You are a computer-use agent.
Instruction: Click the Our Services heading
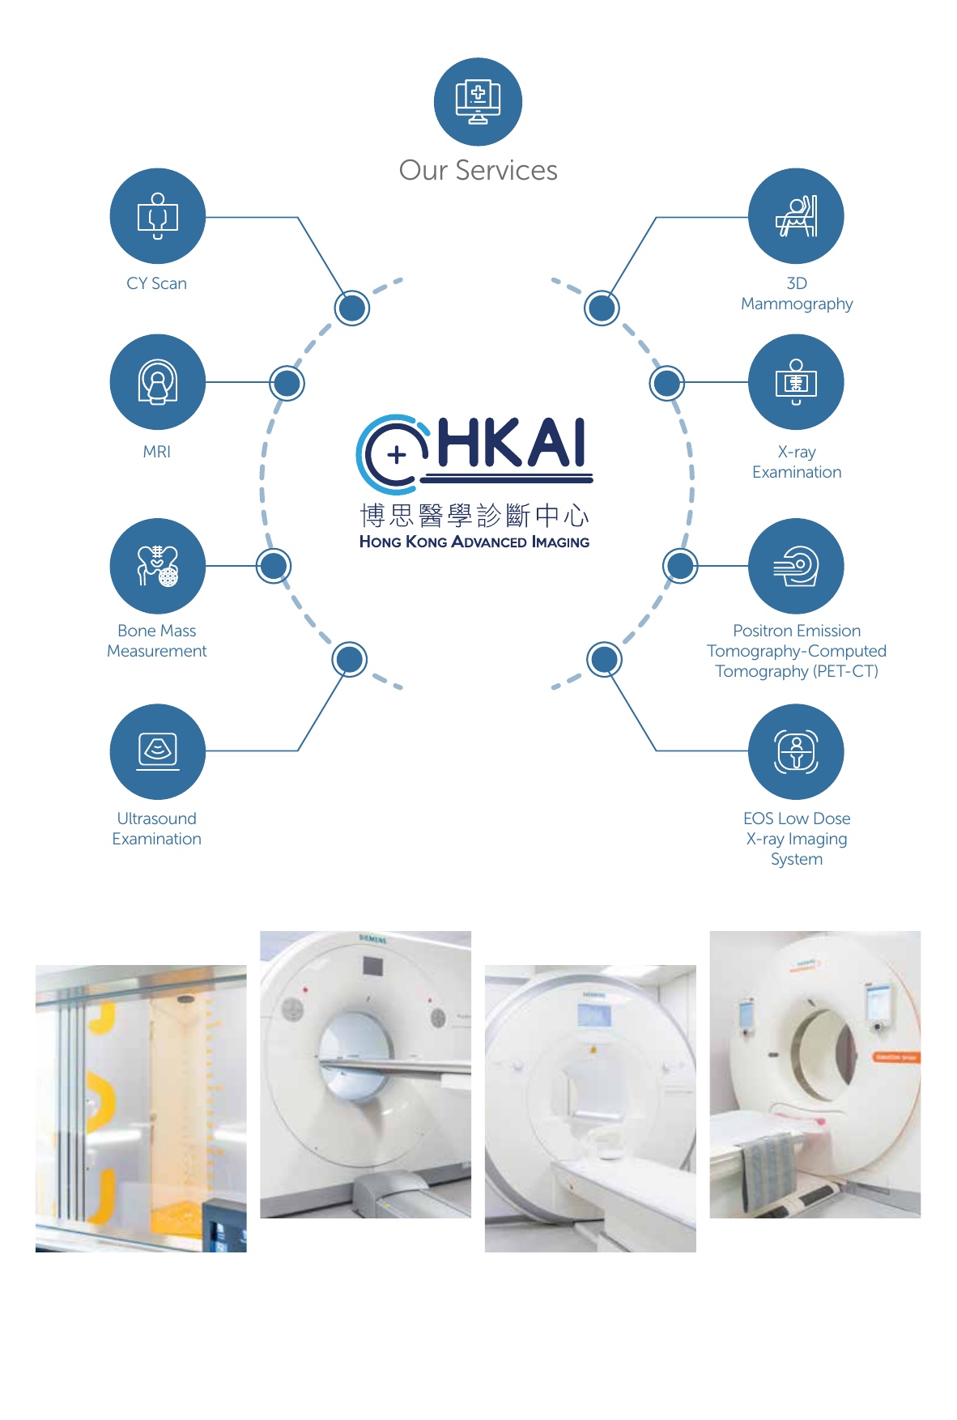tap(478, 170)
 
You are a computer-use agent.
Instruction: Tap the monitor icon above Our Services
tap(478, 102)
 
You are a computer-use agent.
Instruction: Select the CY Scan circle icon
tap(158, 216)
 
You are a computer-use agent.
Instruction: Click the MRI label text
tap(157, 452)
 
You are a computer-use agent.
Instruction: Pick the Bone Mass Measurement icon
tap(158, 566)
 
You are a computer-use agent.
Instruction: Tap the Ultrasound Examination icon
tap(158, 751)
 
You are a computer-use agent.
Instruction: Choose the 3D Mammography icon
tap(796, 216)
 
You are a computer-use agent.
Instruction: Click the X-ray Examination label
tap(797, 462)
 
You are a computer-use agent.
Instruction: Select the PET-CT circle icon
tap(796, 566)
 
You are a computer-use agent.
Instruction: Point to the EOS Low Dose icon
tap(796, 751)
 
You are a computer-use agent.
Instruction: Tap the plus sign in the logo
tap(397, 455)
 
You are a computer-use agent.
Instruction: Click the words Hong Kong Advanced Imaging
tap(474, 542)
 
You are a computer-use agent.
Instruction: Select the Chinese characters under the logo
tap(474, 515)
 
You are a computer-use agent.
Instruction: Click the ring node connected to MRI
tap(287, 383)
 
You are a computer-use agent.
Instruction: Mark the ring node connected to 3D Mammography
tap(602, 308)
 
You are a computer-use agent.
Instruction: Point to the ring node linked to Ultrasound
tap(350, 660)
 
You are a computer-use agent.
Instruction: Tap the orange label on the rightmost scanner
tap(895, 1057)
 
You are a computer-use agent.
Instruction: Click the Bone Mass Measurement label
tap(157, 641)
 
